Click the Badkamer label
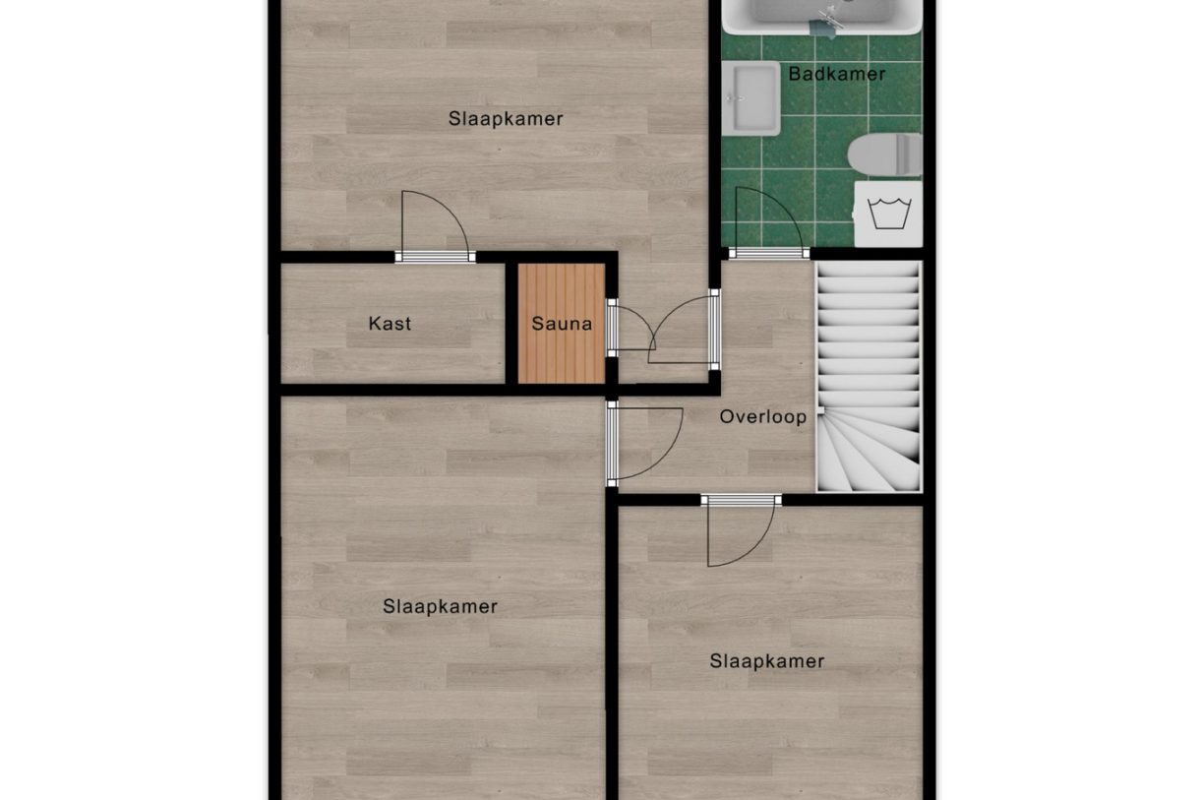coord(837,74)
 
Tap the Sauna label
coord(562,323)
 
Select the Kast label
coord(390,323)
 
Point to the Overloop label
coord(763,416)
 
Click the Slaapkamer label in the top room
coord(506,119)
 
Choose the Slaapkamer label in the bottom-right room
coord(767,661)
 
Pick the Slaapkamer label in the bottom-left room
coord(440,606)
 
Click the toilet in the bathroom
coord(885,155)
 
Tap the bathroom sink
coord(751,97)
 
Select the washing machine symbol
coord(888,214)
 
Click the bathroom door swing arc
coord(766,218)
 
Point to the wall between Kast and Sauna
coord(511,323)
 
